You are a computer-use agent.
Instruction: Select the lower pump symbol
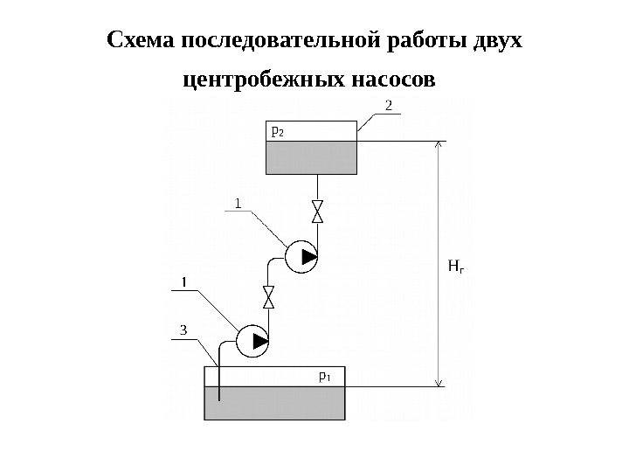click(252, 341)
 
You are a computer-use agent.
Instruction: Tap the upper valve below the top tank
click(318, 212)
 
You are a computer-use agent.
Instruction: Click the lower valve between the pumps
click(269, 297)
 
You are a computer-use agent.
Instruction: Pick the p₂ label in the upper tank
click(278, 131)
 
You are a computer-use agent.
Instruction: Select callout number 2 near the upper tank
click(390, 107)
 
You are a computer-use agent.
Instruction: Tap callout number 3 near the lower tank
click(183, 330)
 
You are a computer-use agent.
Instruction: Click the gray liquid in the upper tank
click(311, 157)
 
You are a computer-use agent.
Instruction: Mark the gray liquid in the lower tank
click(274, 405)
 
